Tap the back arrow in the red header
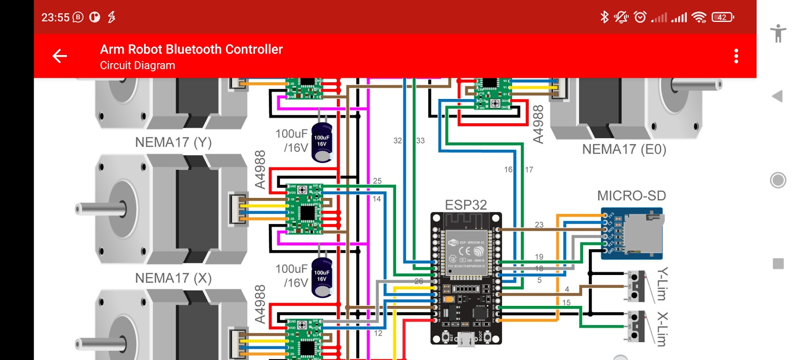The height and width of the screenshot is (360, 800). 60,56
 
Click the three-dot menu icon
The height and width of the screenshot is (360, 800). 736,56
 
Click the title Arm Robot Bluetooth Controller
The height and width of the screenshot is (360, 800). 191,49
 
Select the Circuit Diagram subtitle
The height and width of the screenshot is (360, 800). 137,66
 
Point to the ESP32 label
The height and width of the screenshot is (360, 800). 466,205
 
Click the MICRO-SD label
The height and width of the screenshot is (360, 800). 631,196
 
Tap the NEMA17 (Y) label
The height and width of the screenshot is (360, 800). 173,143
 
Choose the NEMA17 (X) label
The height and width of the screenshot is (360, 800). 173,278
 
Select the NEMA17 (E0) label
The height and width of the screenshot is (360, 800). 624,149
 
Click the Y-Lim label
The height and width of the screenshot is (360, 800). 662,284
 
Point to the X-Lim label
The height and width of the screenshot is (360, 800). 662,329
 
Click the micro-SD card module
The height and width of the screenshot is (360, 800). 632,233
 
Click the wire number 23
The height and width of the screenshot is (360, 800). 539,225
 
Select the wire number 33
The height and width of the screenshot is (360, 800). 420,141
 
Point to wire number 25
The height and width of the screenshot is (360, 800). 377,181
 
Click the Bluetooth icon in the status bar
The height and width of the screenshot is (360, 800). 604,17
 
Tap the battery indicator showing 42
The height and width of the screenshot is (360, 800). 723,17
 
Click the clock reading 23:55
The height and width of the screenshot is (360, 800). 55,18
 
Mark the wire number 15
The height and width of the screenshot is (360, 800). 566,303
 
